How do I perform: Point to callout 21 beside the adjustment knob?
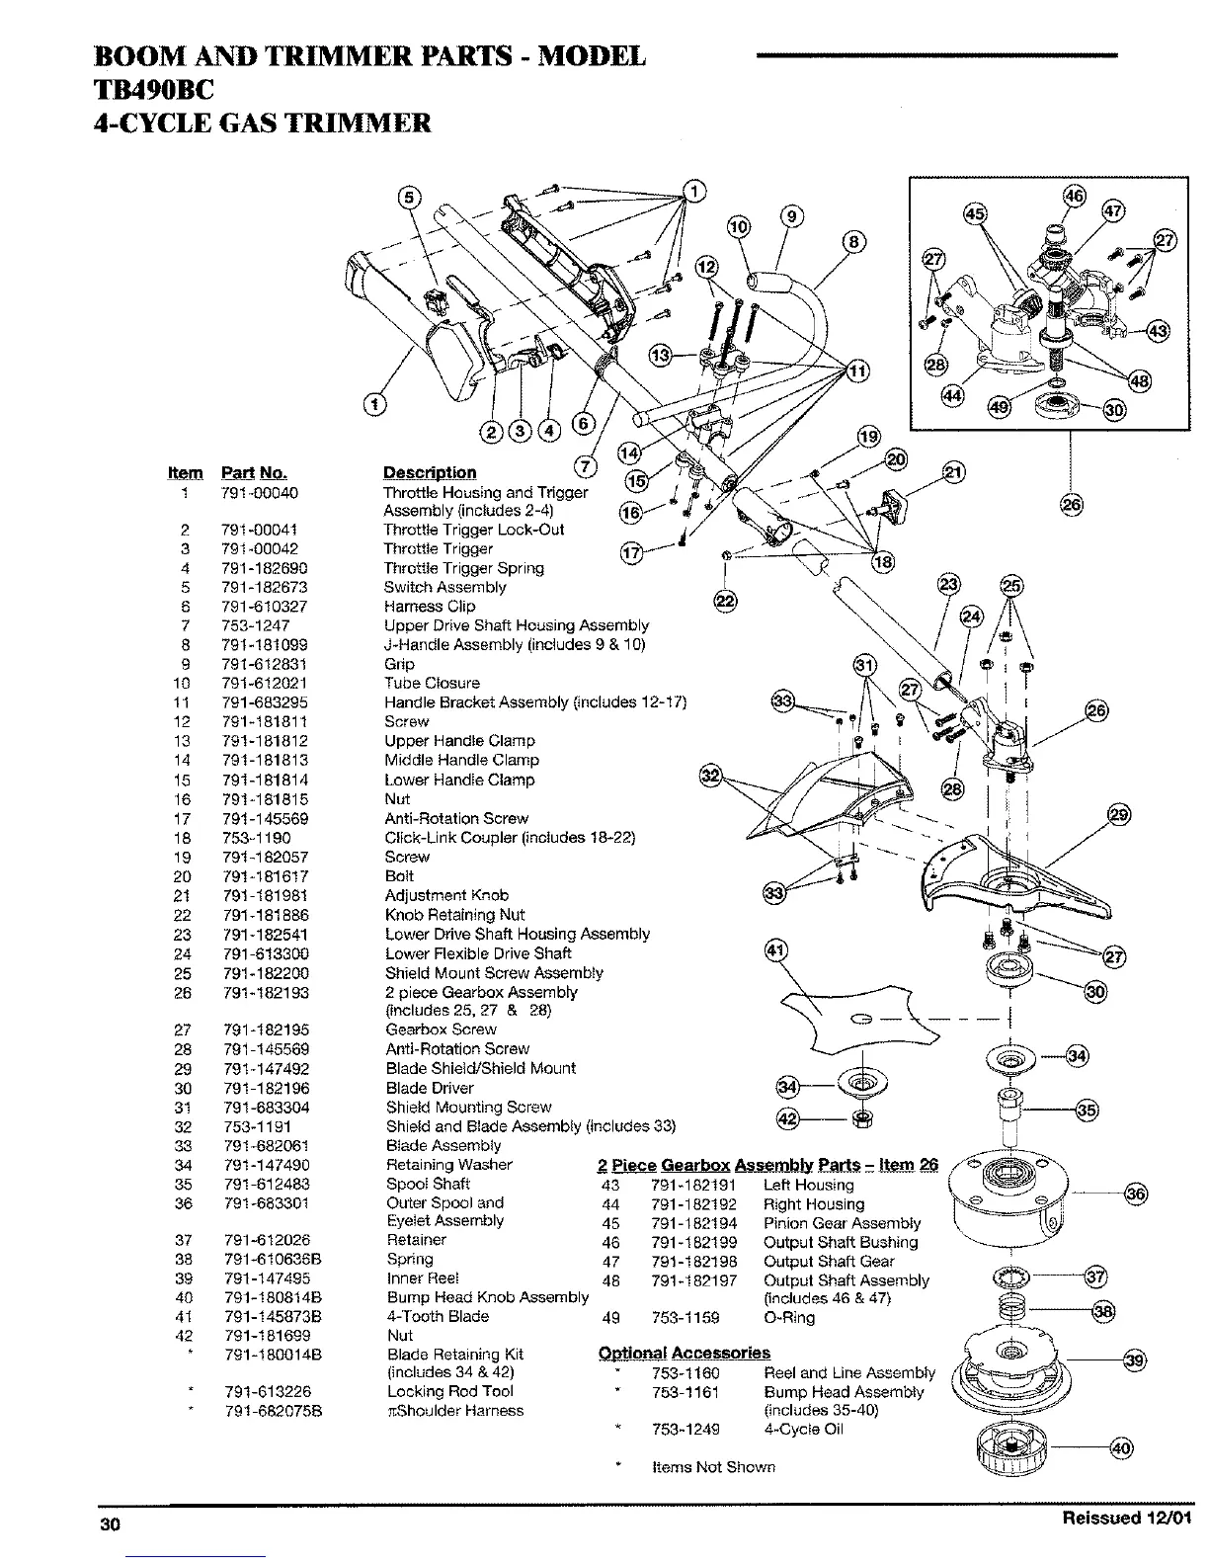956,471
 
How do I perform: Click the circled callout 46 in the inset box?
1074,196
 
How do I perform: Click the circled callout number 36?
1137,1194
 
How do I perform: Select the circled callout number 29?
1118,815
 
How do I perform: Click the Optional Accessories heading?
684,1353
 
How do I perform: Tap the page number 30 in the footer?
109,1524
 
